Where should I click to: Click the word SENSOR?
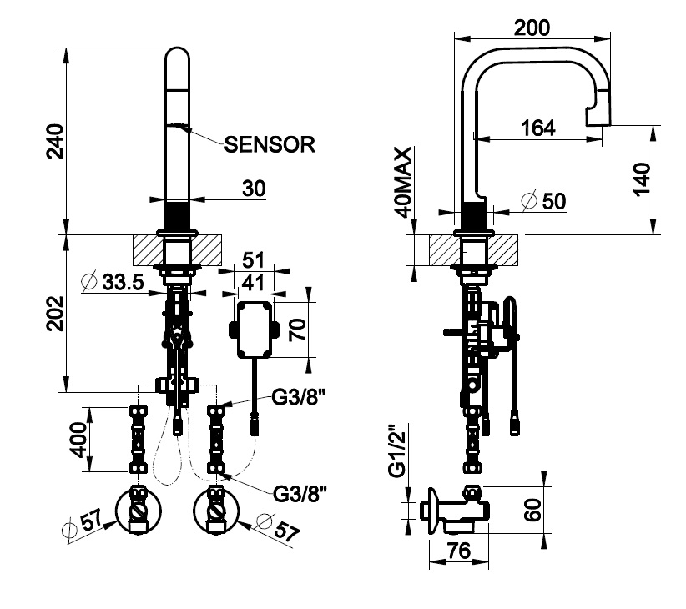click(270, 144)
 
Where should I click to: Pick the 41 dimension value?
click(251, 282)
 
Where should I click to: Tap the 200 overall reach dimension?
click(532, 28)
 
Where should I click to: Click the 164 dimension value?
click(537, 128)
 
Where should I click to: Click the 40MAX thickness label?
click(404, 182)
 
